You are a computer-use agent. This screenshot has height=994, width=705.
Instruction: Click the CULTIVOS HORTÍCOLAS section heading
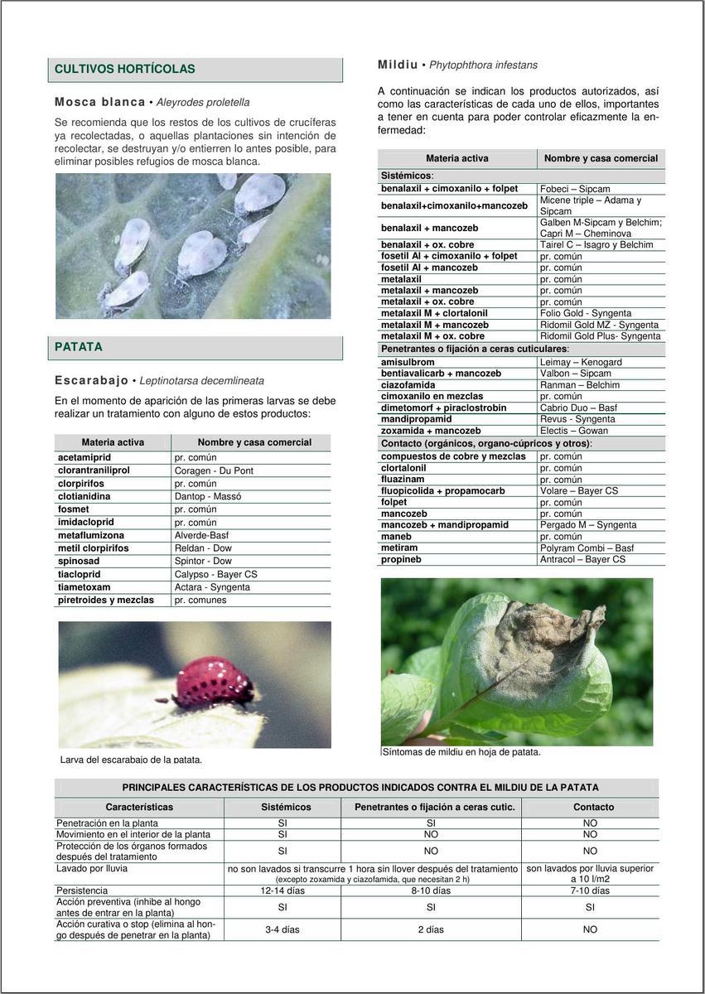125,70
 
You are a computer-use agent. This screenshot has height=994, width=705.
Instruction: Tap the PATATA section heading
79,347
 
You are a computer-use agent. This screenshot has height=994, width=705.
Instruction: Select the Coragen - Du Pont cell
214,470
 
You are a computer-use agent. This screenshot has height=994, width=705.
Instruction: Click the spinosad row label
79,561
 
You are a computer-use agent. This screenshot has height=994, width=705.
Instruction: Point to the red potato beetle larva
214,681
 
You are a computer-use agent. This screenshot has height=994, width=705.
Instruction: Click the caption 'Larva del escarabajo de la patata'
131,760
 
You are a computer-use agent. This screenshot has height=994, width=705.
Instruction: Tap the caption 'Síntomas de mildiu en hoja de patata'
461,752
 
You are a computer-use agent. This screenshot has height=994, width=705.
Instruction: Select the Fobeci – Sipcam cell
575,189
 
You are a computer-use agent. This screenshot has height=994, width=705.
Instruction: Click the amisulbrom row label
408,362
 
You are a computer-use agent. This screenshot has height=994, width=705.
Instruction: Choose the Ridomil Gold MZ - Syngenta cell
599,325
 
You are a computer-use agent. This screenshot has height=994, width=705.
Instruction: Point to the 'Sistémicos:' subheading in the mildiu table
407,176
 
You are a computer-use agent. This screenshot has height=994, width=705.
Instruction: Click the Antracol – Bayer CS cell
582,559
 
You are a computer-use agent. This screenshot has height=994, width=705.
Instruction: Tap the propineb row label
401,559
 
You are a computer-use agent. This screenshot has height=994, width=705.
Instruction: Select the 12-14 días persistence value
282,890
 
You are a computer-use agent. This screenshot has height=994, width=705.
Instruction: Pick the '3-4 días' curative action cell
282,929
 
